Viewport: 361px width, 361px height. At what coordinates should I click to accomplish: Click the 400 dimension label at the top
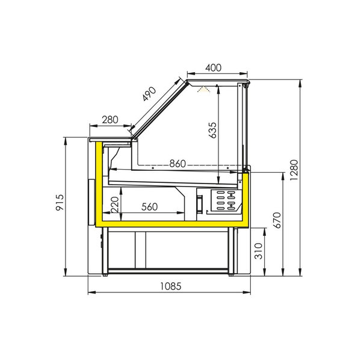coord(217,68)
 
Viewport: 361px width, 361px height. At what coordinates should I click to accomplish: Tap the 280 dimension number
coord(110,120)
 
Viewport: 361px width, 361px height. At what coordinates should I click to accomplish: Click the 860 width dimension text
coord(177,164)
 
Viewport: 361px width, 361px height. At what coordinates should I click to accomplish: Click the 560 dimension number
coord(150,207)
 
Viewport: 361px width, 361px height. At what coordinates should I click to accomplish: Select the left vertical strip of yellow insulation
coord(98,184)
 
